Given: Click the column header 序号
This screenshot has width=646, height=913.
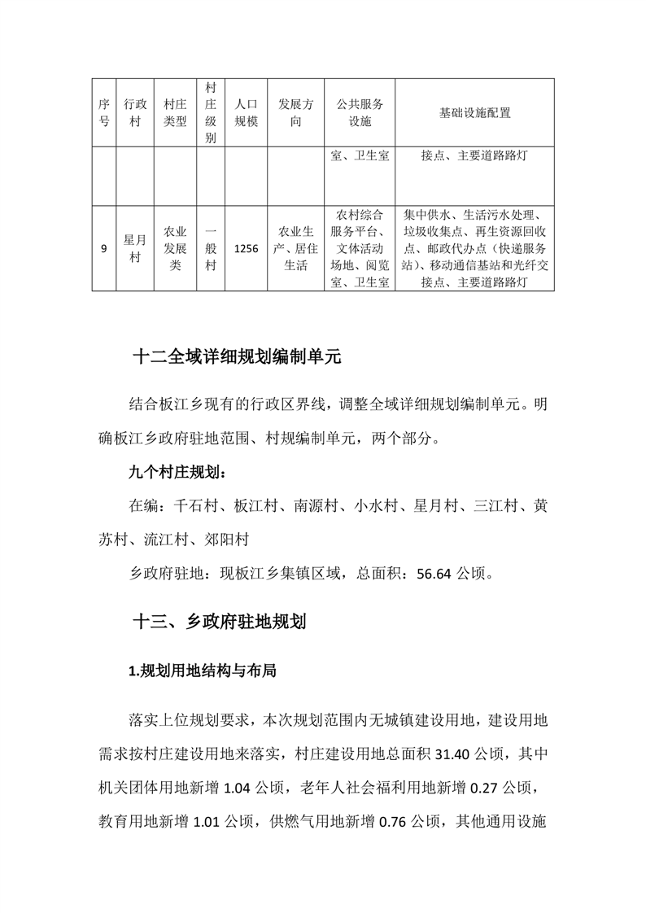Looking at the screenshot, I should [103, 113].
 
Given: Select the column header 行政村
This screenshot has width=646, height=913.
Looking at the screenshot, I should [134, 113].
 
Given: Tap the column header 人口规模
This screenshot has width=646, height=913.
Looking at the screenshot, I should [246, 113].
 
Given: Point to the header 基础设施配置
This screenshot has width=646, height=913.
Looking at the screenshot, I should [474, 113].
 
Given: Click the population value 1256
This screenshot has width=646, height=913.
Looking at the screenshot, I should [246, 249].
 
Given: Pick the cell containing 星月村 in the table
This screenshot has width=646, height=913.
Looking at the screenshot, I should [134, 249].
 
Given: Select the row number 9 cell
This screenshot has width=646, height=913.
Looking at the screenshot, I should [103, 249].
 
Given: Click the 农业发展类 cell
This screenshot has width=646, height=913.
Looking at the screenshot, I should [176, 248].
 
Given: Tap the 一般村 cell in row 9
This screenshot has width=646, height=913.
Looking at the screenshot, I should [211, 248].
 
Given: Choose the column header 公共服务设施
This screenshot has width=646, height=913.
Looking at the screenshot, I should [359, 113].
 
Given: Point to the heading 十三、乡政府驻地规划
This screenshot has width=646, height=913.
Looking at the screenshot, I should [219, 623].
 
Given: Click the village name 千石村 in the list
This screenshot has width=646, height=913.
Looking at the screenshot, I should [195, 506].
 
